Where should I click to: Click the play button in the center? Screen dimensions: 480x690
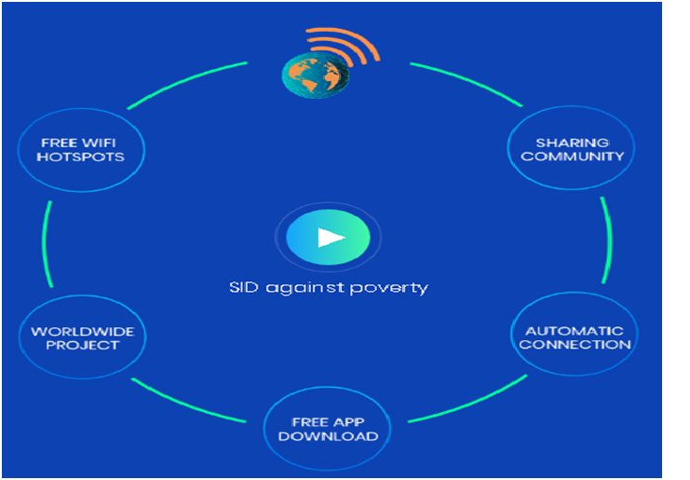(x=329, y=237)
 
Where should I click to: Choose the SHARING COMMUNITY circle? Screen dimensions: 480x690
(x=572, y=150)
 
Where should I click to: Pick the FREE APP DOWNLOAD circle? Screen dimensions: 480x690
(x=328, y=428)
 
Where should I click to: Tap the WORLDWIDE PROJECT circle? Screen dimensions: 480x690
(x=82, y=337)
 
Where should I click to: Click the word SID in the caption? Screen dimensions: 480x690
(x=242, y=287)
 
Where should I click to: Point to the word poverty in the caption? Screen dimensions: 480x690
(x=396, y=288)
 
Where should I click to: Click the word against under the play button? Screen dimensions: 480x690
(x=306, y=288)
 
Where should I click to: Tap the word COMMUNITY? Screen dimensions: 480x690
(x=573, y=157)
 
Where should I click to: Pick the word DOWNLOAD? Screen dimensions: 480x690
(x=328, y=435)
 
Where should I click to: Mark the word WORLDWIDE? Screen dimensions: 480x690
(x=82, y=331)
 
